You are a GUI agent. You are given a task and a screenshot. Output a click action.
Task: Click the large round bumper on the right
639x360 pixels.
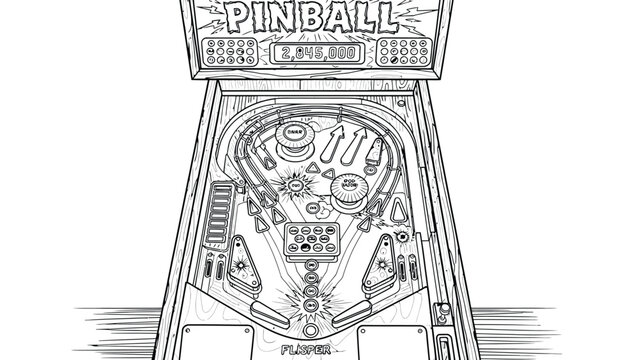tap(349, 191)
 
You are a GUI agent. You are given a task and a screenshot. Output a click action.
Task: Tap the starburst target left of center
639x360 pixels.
tap(297, 184)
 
